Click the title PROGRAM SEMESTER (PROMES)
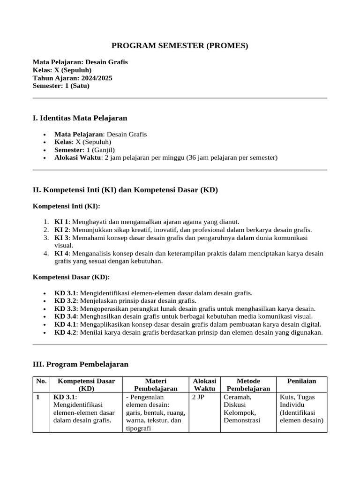180,45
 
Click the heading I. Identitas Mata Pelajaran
80,118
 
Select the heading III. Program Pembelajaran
80,364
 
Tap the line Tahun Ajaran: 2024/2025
72,78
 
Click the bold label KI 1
61,222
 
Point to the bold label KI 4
61,254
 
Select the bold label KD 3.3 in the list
65,309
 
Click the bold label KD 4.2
65,332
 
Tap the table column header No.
41,381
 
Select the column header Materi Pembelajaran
156,385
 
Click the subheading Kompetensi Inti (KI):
66,206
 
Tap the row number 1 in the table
38,397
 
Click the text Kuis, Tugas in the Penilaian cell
297,397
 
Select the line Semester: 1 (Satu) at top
61,86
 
